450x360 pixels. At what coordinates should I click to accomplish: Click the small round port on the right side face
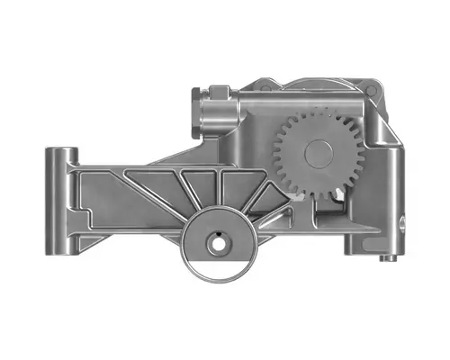(x=401, y=220)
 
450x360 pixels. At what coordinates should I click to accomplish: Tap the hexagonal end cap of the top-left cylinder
(x=199, y=118)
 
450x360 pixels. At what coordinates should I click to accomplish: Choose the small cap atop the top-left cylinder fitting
(x=220, y=90)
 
